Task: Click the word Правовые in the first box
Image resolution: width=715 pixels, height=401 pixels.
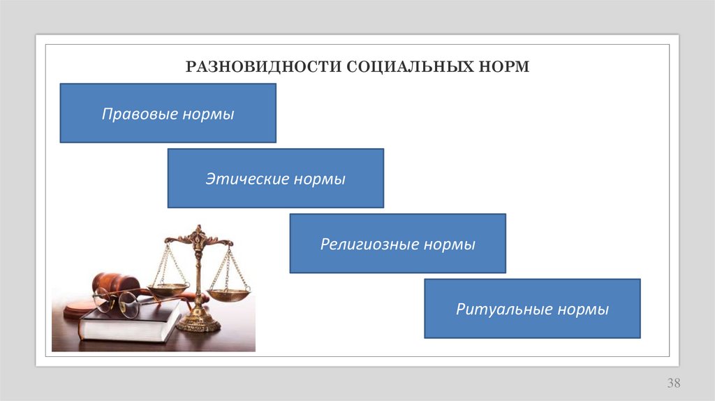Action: point(139,114)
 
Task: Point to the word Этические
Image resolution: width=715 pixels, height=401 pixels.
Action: point(246,179)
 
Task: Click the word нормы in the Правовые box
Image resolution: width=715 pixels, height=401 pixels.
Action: point(208,114)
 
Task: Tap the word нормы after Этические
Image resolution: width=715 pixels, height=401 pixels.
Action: point(319,179)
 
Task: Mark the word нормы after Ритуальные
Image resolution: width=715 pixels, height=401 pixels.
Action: point(582,309)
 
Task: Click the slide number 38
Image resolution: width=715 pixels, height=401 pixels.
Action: point(673,383)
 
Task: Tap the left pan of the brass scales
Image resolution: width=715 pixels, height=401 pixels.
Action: point(167,288)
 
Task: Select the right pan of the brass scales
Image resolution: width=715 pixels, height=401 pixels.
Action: point(228,295)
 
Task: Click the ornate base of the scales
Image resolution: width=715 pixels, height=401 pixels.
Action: point(198,323)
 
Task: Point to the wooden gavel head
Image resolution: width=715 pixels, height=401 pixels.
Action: point(115,282)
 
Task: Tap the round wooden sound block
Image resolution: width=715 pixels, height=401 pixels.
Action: point(77,309)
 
